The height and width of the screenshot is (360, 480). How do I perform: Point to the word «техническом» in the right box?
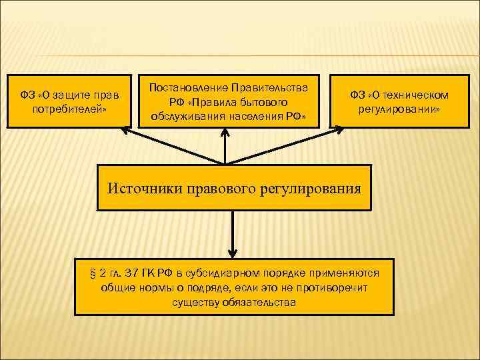point(418,95)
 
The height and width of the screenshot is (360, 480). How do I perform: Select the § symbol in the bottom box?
point(93,274)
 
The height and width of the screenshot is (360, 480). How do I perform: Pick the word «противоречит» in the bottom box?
point(333,287)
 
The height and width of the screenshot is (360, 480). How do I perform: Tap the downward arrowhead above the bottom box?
point(232,253)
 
